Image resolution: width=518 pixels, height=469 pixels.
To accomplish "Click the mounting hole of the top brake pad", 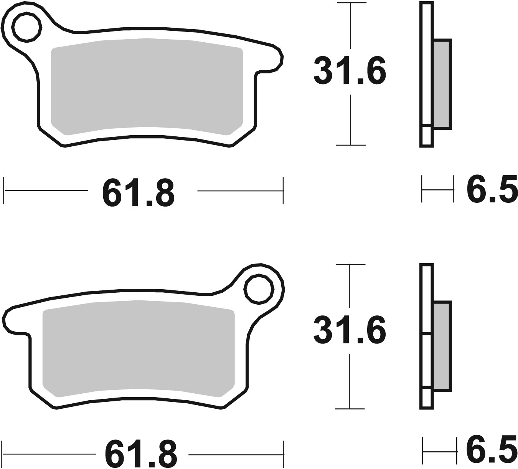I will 26,27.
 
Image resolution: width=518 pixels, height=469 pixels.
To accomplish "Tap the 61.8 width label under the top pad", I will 139,192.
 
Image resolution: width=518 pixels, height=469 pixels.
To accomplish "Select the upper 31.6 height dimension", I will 350,71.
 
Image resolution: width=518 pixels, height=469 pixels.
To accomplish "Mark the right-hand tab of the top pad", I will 275,61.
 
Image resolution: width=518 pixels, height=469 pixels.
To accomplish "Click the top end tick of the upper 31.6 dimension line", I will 350,3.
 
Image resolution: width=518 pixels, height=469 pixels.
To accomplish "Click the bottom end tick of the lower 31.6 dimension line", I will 350,409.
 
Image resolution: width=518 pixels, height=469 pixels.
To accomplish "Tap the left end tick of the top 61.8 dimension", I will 4,190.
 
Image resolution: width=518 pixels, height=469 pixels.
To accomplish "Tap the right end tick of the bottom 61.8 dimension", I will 284,454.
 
